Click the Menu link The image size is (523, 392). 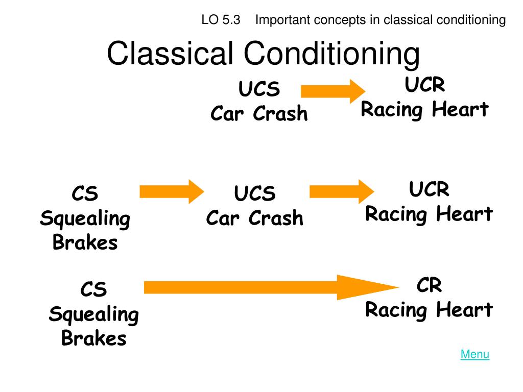point(474,354)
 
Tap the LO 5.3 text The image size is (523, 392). point(221,20)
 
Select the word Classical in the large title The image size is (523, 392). point(170,53)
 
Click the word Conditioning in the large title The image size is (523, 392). point(331,55)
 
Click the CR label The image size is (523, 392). point(429,285)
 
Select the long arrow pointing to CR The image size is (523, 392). point(271,287)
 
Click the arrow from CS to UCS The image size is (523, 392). point(172,192)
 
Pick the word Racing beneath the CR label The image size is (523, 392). point(396,310)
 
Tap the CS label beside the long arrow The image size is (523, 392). point(94,289)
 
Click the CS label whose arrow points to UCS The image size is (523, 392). point(85,193)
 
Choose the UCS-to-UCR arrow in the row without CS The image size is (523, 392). point(333,91)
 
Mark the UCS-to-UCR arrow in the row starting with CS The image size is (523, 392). point(342,192)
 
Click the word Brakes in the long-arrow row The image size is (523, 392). point(94,338)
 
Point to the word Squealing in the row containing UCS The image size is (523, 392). point(85,219)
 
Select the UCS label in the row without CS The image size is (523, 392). point(259,89)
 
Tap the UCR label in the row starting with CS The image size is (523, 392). point(429,189)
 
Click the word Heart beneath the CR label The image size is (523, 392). point(465,309)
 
